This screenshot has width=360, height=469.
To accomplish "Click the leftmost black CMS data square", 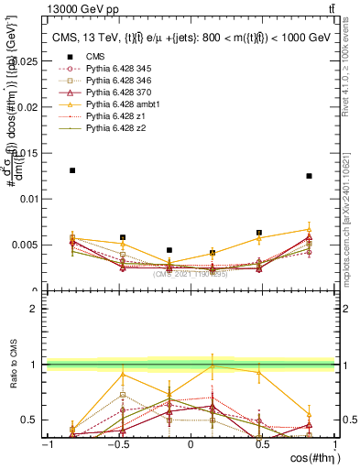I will tap(72, 170).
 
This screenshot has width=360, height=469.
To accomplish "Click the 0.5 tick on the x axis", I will tap(263, 444).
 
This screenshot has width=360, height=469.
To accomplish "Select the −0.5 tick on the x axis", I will tap(118, 444).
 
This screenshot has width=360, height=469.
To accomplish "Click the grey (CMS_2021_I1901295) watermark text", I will tap(191, 273).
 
